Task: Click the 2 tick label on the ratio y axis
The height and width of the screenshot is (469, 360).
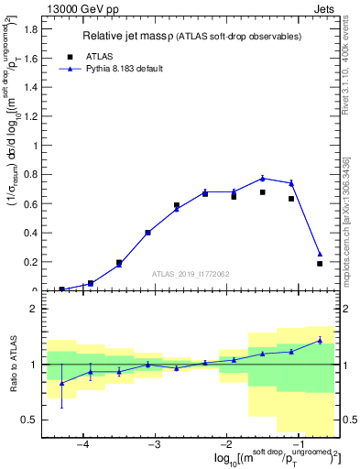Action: pyautogui.click(x=34, y=309)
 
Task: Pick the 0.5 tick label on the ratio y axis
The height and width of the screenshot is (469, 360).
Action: pyautogui.click(x=30, y=420)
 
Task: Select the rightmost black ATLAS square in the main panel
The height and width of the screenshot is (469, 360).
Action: pyautogui.click(x=320, y=264)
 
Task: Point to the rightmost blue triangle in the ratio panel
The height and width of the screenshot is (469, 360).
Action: pyautogui.click(x=320, y=340)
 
